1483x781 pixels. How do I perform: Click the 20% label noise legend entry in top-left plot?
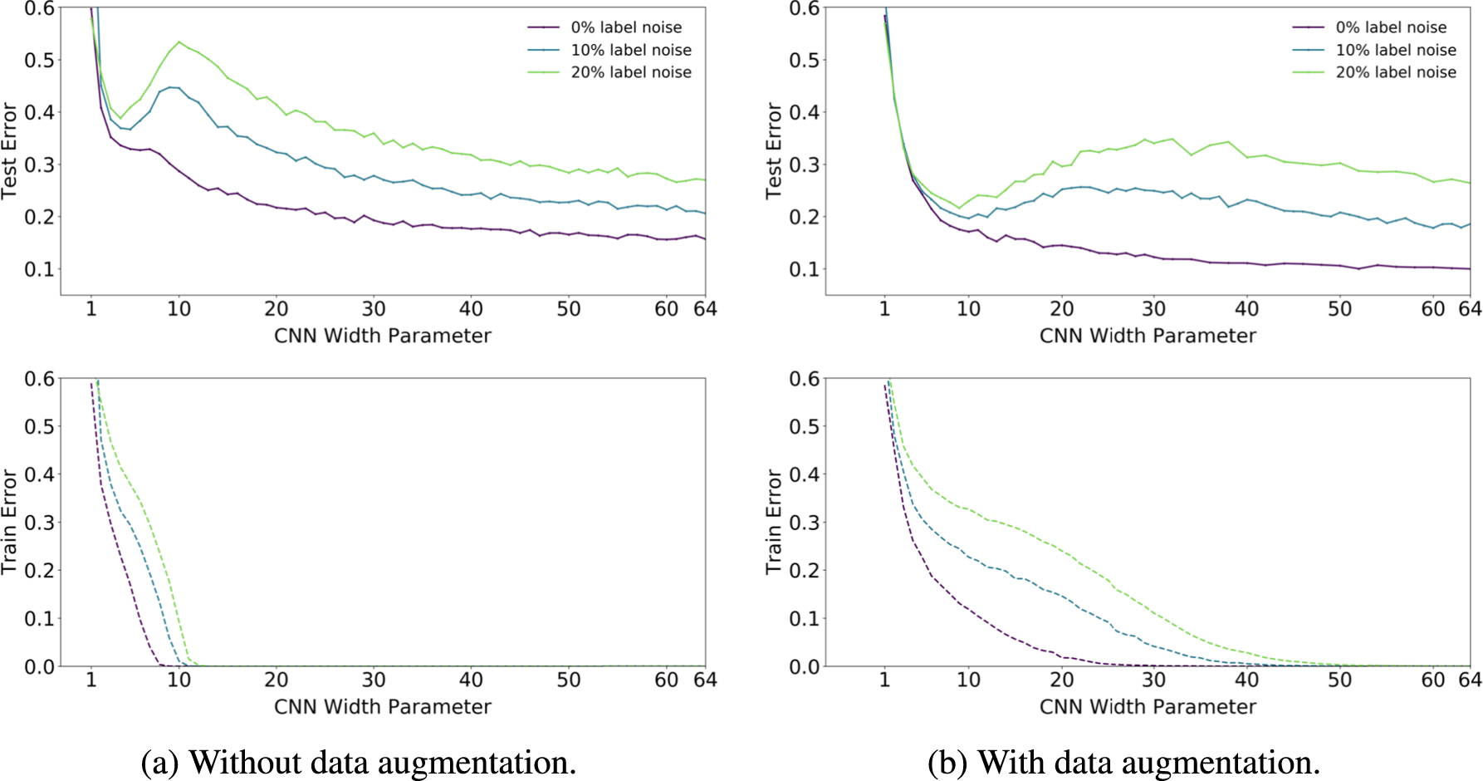[x=630, y=72]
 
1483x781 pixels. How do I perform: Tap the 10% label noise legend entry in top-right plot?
[x=1395, y=50]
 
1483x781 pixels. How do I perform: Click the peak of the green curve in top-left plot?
[x=179, y=42]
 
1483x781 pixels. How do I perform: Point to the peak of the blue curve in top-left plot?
[x=172, y=86]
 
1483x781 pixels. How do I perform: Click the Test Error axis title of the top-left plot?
[x=10, y=150]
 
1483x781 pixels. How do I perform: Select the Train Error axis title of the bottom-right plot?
[x=774, y=522]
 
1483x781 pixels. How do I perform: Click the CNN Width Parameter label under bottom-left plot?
[x=383, y=706]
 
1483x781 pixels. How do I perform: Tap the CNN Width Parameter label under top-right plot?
[x=1148, y=336]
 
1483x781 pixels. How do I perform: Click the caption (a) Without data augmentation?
[x=359, y=762]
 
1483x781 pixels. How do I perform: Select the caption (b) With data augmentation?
[x=1123, y=762]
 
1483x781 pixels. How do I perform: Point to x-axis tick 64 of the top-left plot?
[x=705, y=309]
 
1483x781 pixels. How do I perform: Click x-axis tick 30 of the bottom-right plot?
[x=1154, y=680]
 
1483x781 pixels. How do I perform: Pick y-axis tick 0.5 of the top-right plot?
[x=804, y=60]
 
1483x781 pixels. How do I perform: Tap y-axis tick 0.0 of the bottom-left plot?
[x=39, y=666]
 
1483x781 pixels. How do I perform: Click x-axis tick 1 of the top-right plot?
[x=884, y=309]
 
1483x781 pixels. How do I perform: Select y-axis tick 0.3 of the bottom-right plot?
[x=804, y=523]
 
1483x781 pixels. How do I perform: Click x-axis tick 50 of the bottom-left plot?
[x=569, y=680]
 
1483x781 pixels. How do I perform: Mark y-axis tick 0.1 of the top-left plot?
[x=39, y=269]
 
